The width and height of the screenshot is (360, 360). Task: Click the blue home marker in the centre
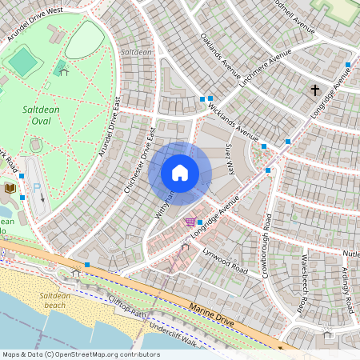(180, 173)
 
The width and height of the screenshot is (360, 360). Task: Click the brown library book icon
(10, 187)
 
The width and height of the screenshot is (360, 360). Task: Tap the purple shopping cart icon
(190, 222)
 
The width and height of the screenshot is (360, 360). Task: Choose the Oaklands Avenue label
(220, 58)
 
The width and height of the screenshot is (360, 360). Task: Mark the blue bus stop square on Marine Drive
(86, 264)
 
